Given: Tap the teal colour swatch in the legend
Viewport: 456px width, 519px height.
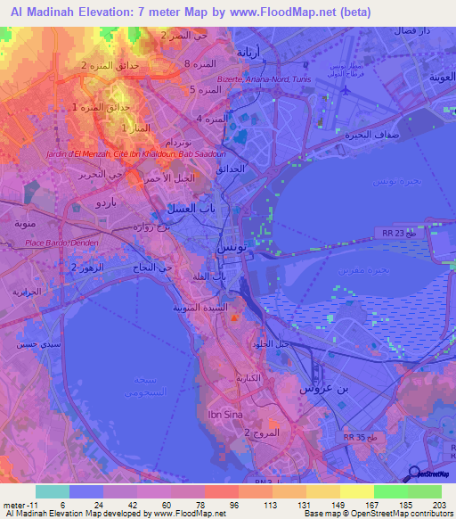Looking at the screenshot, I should point(53,491).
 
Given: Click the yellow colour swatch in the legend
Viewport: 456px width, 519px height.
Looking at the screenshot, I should point(357,491).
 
